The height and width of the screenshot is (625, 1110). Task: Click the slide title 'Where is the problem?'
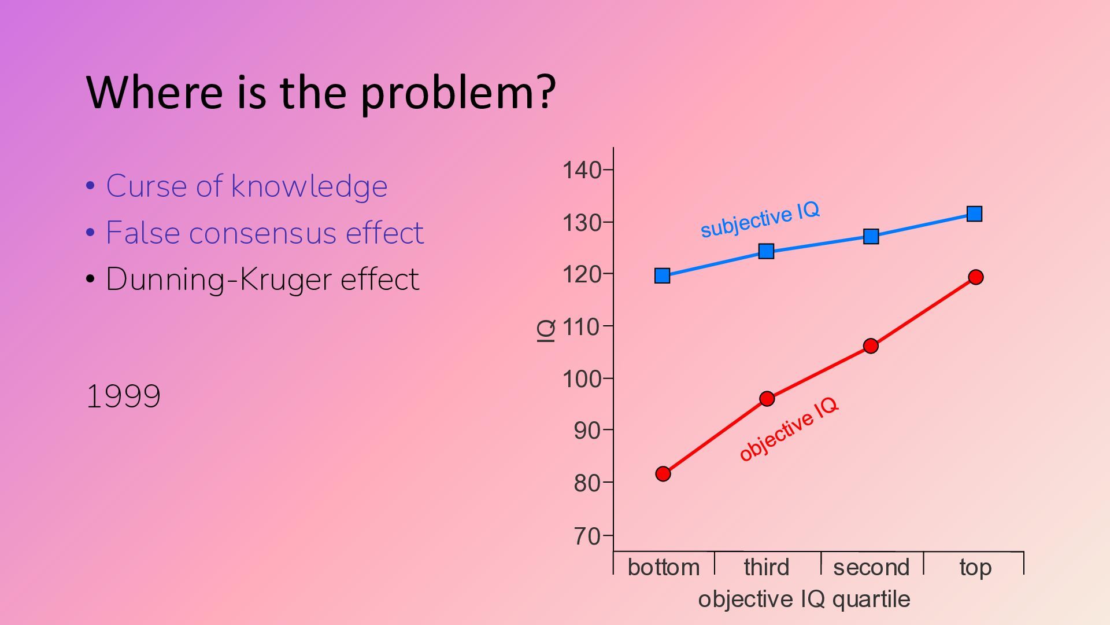(321, 93)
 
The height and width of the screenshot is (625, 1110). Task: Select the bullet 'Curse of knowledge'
(247, 186)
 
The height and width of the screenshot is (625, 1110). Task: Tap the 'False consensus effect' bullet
(265, 233)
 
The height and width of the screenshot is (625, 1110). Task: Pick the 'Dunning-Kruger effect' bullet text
(262, 280)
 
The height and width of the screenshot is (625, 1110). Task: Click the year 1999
(123, 396)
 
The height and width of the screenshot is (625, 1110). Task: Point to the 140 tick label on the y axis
(582, 170)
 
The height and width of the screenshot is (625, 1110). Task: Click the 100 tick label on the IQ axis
(582, 379)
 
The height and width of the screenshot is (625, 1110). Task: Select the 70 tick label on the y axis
(587, 536)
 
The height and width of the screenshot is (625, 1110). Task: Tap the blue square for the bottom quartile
(663, 276)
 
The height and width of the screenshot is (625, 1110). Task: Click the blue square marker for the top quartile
(974, 214)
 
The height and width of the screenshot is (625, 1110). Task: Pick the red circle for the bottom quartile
(663, 474)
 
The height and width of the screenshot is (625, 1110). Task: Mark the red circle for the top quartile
(976, 277)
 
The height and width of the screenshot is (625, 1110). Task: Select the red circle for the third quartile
(767, 399)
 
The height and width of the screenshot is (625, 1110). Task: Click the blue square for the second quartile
(871, 236)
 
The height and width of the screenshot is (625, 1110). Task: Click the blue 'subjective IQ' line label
(760, 219)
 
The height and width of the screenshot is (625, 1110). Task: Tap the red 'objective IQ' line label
(789, 429)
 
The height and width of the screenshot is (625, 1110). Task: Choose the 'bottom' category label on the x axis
(664, 567)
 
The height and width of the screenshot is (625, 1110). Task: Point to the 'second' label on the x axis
(871, 567)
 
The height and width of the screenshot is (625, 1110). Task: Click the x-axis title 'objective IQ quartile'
(804, 600)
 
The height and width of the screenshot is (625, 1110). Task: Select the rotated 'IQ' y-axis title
(546, 330)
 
